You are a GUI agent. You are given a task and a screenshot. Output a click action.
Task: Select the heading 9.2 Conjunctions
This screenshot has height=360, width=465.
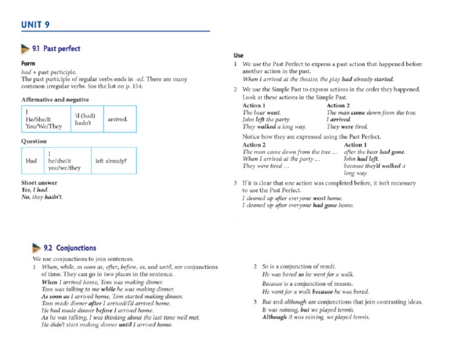coord(70,248)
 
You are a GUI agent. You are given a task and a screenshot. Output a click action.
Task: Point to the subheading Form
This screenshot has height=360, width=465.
coord(28,63)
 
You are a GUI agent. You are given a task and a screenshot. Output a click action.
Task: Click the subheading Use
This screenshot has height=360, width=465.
coord(239,55)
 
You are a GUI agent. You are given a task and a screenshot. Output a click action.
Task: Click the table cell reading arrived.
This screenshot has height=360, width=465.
coord(117,119)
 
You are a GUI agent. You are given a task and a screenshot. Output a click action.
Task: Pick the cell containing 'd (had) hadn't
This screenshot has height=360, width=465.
coord(84,119)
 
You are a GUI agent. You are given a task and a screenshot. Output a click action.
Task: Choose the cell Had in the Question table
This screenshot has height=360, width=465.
coord(31,161)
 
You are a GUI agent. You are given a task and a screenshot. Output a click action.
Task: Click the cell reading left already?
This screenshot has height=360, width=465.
coord(111,161)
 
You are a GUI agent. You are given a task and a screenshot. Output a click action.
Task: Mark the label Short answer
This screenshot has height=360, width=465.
coord(39,182)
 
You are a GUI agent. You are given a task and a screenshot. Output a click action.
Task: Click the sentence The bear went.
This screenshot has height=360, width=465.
coord(262,113)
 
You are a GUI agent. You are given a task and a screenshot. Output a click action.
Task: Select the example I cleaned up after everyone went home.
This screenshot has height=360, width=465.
coord(292,198)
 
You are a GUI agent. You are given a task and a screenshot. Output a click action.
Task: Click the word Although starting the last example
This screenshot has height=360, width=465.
coord(274,317)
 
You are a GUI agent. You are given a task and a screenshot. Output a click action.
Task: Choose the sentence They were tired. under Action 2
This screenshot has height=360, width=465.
coord(347,127)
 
